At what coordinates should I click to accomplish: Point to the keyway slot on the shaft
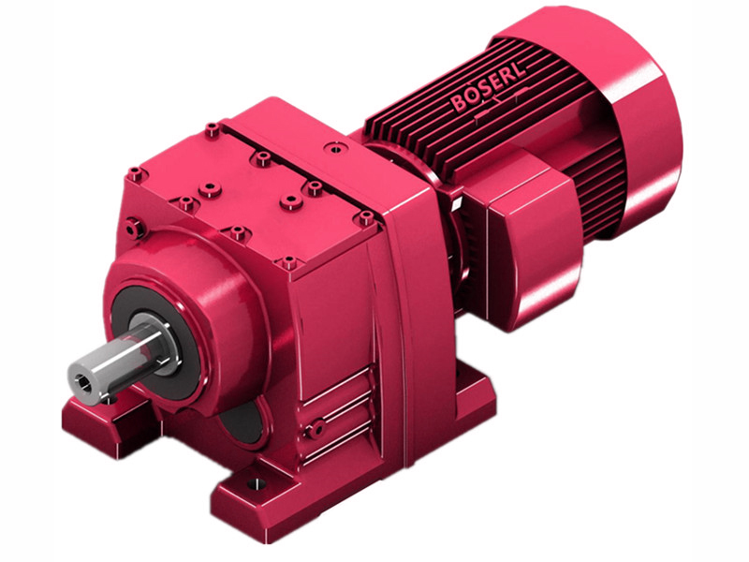[x=140, y=347]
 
